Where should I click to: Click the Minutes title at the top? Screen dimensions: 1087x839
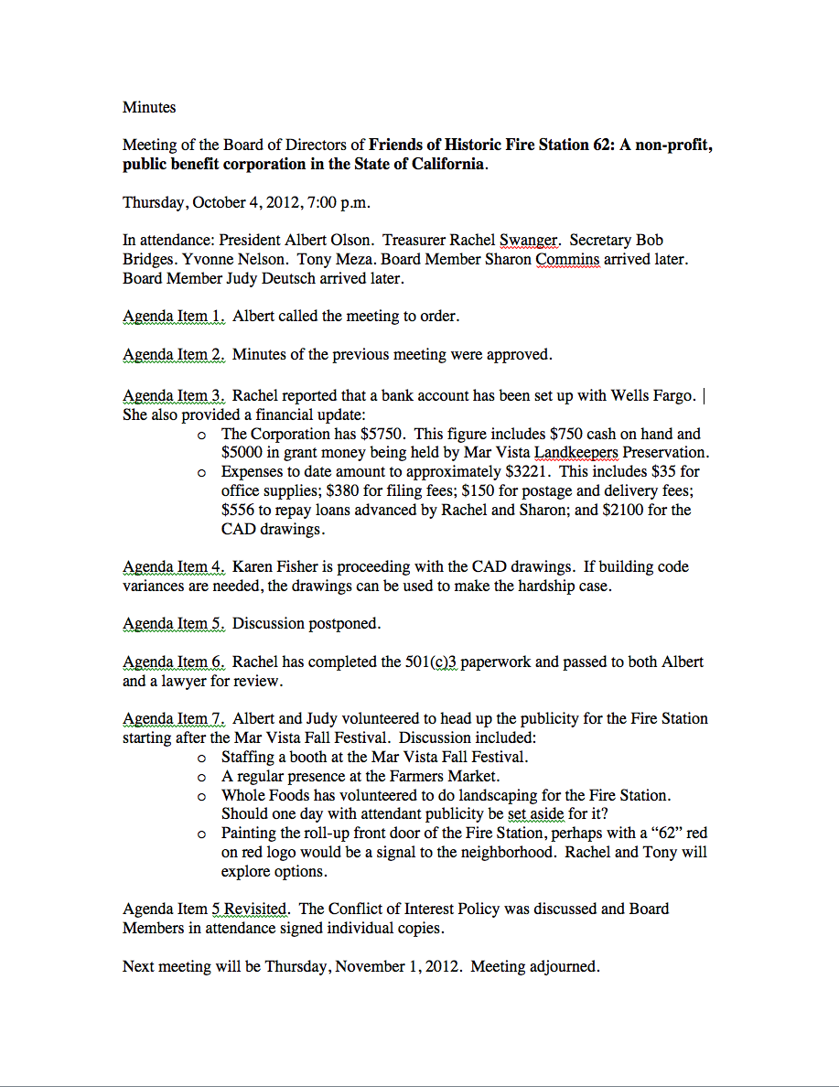point(149,107)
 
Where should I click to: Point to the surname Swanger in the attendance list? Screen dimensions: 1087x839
point(529,241)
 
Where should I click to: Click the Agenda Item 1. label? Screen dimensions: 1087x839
point(174,317)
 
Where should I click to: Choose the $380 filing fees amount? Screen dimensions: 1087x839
point(328,490)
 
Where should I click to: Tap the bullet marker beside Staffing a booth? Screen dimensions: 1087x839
point(201,758)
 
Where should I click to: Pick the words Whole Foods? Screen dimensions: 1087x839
point(262,795)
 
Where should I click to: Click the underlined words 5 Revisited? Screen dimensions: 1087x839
point(251,909)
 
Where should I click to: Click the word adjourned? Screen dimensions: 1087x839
point(565,966)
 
